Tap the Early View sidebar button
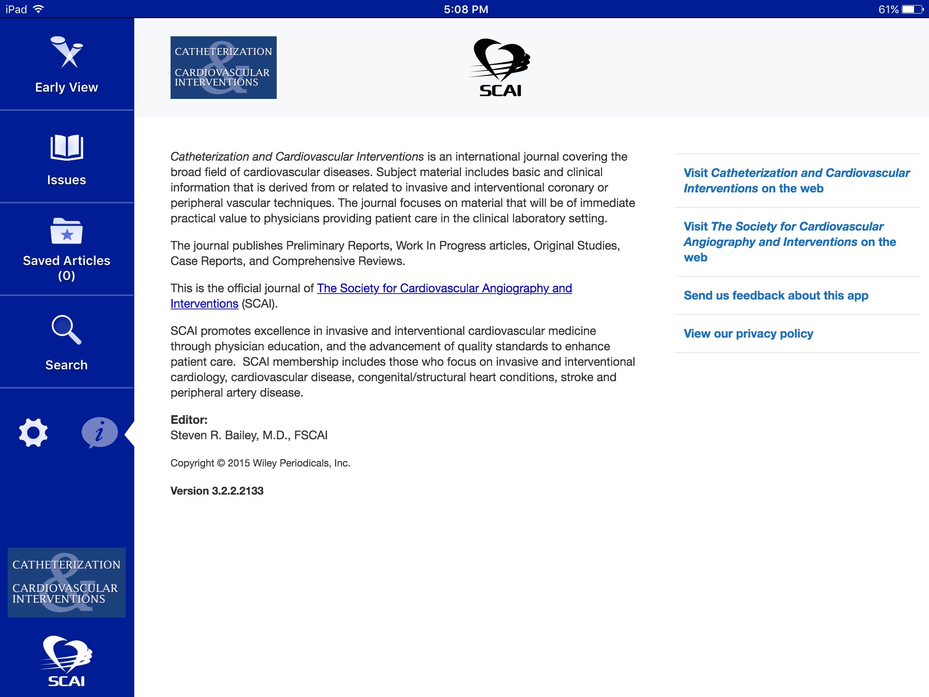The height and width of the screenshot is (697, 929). point(67,65)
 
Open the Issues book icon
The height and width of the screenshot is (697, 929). point(67,148)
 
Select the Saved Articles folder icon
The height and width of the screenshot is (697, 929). point(67,231)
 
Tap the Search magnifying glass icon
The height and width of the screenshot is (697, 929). point(66,330)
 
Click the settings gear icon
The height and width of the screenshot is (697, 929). point(33,432)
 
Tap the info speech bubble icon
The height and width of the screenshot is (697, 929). point(99,432)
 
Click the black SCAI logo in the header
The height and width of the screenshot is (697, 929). point(500,68)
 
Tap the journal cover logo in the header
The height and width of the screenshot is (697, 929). point(224,68)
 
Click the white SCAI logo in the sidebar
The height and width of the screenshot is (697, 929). point(67,661)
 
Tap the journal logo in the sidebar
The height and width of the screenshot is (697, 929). point(67,582)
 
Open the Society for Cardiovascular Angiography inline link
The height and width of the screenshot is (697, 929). point(444,289)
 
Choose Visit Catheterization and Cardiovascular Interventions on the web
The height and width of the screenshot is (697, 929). point(797,181)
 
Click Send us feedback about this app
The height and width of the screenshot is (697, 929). point(776,295)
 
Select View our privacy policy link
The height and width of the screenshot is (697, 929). point(748,334)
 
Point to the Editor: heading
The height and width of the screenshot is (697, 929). point(189,420)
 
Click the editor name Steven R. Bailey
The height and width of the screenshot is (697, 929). point(249,435)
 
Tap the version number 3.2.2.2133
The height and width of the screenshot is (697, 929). point(217,491)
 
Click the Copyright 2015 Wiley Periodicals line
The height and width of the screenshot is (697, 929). point(260,463)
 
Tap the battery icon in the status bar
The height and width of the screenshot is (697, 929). point(912,9)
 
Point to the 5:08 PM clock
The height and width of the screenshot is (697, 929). point(466,9)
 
